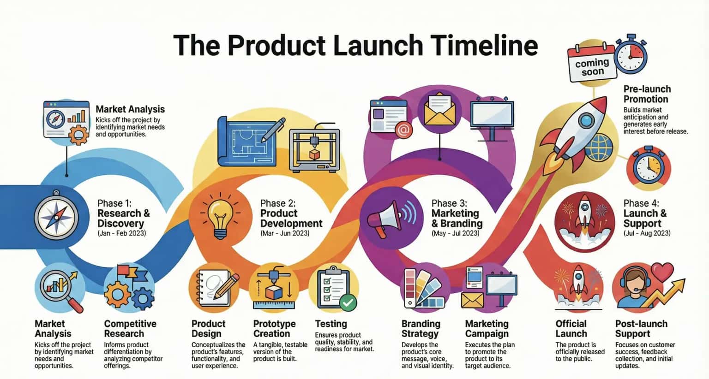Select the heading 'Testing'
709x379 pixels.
(330, 324)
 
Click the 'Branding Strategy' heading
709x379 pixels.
(421, 329)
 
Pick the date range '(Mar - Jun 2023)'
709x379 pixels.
(285, 233)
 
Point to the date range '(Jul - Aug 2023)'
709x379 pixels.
(647, 233)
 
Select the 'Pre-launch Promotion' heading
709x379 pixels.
(647, 94)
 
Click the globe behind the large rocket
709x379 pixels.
(599, 147)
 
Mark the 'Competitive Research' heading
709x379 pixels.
(130, 329)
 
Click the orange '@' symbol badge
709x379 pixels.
(403, 130)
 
